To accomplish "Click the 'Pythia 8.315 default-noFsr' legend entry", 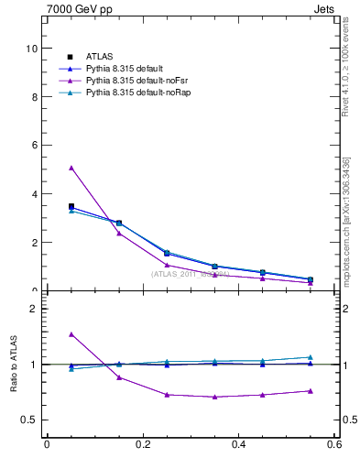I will [128, 81].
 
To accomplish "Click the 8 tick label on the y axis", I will [34, 96].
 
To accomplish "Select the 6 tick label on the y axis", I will [34, 145].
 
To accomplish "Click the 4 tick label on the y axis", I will [34, 194].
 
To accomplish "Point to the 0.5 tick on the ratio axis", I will [30, 420].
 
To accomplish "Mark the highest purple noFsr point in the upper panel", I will [71, 168].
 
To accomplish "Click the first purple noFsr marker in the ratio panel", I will [71, 334].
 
